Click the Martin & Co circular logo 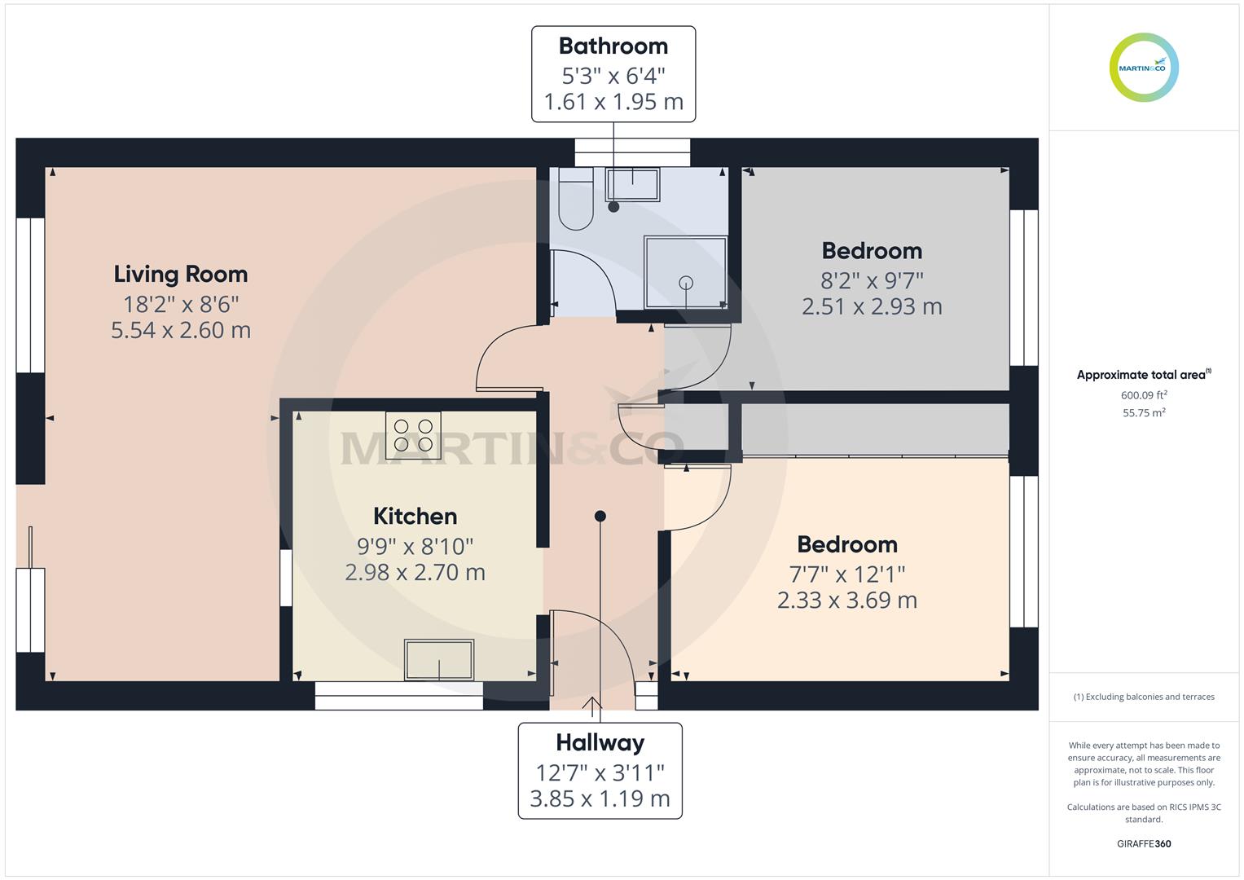coord(1144,68)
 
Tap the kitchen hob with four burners coord(413,435)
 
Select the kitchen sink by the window coord(439,660)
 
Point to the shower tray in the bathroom coord(685,273)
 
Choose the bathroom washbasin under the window coord(632,184)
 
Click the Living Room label coord(180,275)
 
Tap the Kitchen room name coord(415,517)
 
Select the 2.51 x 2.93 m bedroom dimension coord(872,306)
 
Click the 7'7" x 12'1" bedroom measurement coord(847,574)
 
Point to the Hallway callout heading coord(600,742)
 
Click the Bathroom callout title coord(613,46)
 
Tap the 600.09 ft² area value coord(1144,395)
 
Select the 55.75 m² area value coord(1144,413)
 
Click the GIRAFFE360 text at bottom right coord(1144,843)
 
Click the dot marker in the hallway coord(600,516)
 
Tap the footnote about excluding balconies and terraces coord(1144,697)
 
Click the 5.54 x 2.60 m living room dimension coord(181,330)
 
